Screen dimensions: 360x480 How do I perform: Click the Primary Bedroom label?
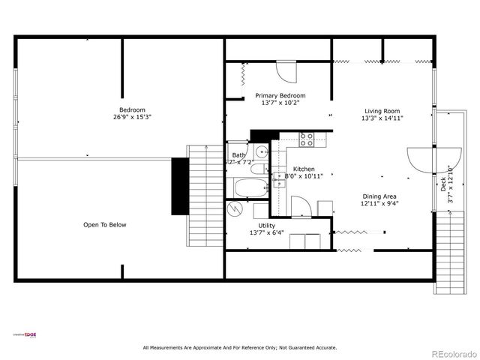(280, 95)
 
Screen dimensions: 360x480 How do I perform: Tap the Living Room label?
(382, 110)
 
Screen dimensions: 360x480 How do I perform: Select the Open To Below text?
(105, 224)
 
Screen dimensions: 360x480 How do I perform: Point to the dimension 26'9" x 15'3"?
(132, 117)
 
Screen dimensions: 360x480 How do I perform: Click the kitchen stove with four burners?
(307, 139)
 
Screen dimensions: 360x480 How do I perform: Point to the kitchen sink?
(278, 180)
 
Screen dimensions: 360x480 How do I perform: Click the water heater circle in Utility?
(236, 208)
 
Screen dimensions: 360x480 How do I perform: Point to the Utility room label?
(267, 225)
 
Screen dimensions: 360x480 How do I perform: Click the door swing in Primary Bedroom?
(286, 71)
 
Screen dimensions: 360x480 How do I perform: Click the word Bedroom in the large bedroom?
(132, 109)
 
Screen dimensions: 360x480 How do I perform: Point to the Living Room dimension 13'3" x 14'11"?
(382, 118)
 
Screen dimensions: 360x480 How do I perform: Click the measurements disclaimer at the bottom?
(240, 347)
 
